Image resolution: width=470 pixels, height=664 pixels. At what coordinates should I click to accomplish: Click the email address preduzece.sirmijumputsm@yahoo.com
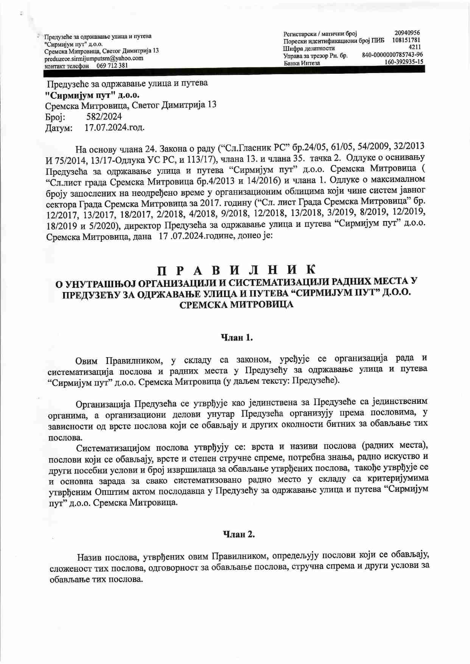(93, 59)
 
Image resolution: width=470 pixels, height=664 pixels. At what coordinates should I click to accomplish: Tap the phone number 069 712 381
(112, 65)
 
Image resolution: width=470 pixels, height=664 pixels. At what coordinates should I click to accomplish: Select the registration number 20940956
(407, 33)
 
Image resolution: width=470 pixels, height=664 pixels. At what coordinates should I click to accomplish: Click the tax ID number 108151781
(406, 40)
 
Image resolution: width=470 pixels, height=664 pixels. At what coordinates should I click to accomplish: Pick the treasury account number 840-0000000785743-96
(392, 55)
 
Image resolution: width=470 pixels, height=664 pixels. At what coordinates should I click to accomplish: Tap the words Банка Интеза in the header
(302, 63)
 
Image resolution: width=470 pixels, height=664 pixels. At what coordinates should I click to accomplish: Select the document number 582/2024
(104, 117)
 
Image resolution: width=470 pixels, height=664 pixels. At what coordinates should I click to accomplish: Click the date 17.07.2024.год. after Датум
(114, 128)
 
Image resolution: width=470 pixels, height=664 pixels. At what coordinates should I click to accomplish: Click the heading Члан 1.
(237, 337)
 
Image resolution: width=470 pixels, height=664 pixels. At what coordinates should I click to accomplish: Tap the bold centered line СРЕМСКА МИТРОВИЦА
(236, 305)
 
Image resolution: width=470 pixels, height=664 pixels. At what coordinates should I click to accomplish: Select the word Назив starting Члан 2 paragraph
(89, 557)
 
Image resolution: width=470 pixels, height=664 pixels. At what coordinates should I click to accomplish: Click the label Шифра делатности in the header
(309, 48)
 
